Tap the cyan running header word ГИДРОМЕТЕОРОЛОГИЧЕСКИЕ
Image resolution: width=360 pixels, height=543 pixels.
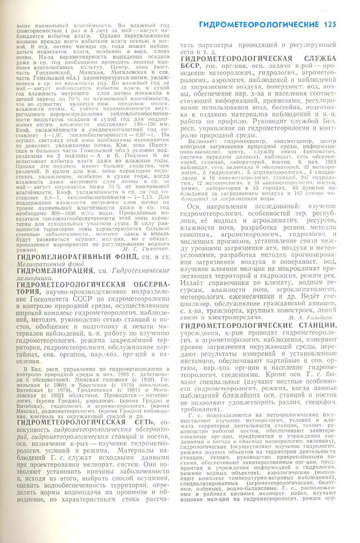(x=260, y=24)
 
